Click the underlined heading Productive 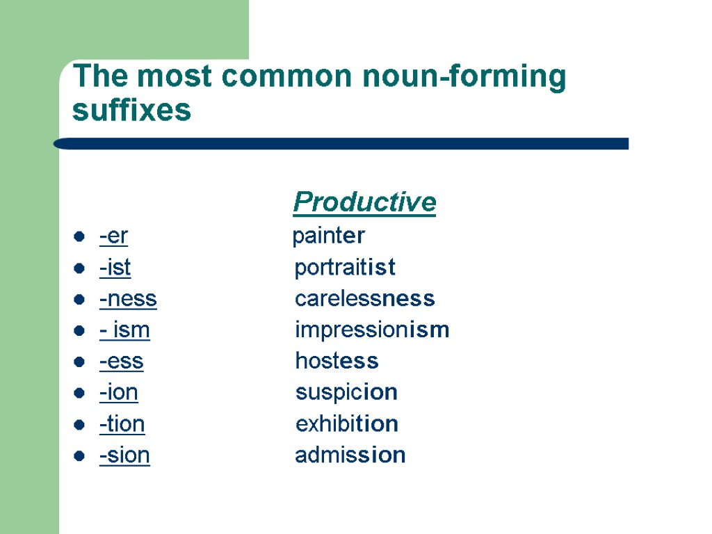pyautogui.click(x=364, y=202)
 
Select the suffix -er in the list pyautogui.click(x=113, y=236)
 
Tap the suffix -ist pyautogui.click(x=115, y=268)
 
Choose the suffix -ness pyautogui.click(x=128, y=299)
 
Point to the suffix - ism pyautogui.click(x=124, y=330)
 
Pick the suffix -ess pyautogui.click(x=121, y=362)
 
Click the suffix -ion pyautogui.click(x=118, y=393)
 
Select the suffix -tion pyautogui.click(x=122, y=424)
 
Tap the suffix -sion pyautogui.click(x=124, y=455)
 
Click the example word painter pyautogui.click(x=328, y=236)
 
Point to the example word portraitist pyautogui.click(x=345, y=268)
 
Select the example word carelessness pyautogui.click(x=365, y=299)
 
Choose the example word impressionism pyautogui.click(x=372, y=330)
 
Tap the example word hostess pyautogui.click(x=337, y=362)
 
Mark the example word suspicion pyautogui.click(x=346, y=393)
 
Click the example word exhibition pyautogui.click(x=347, y=424)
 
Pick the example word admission pyautogui.click(x=350, y=455)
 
